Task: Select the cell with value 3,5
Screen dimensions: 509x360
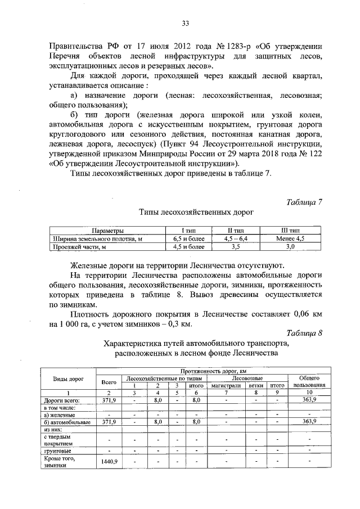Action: pyautogui.click(x=235, y=246)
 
